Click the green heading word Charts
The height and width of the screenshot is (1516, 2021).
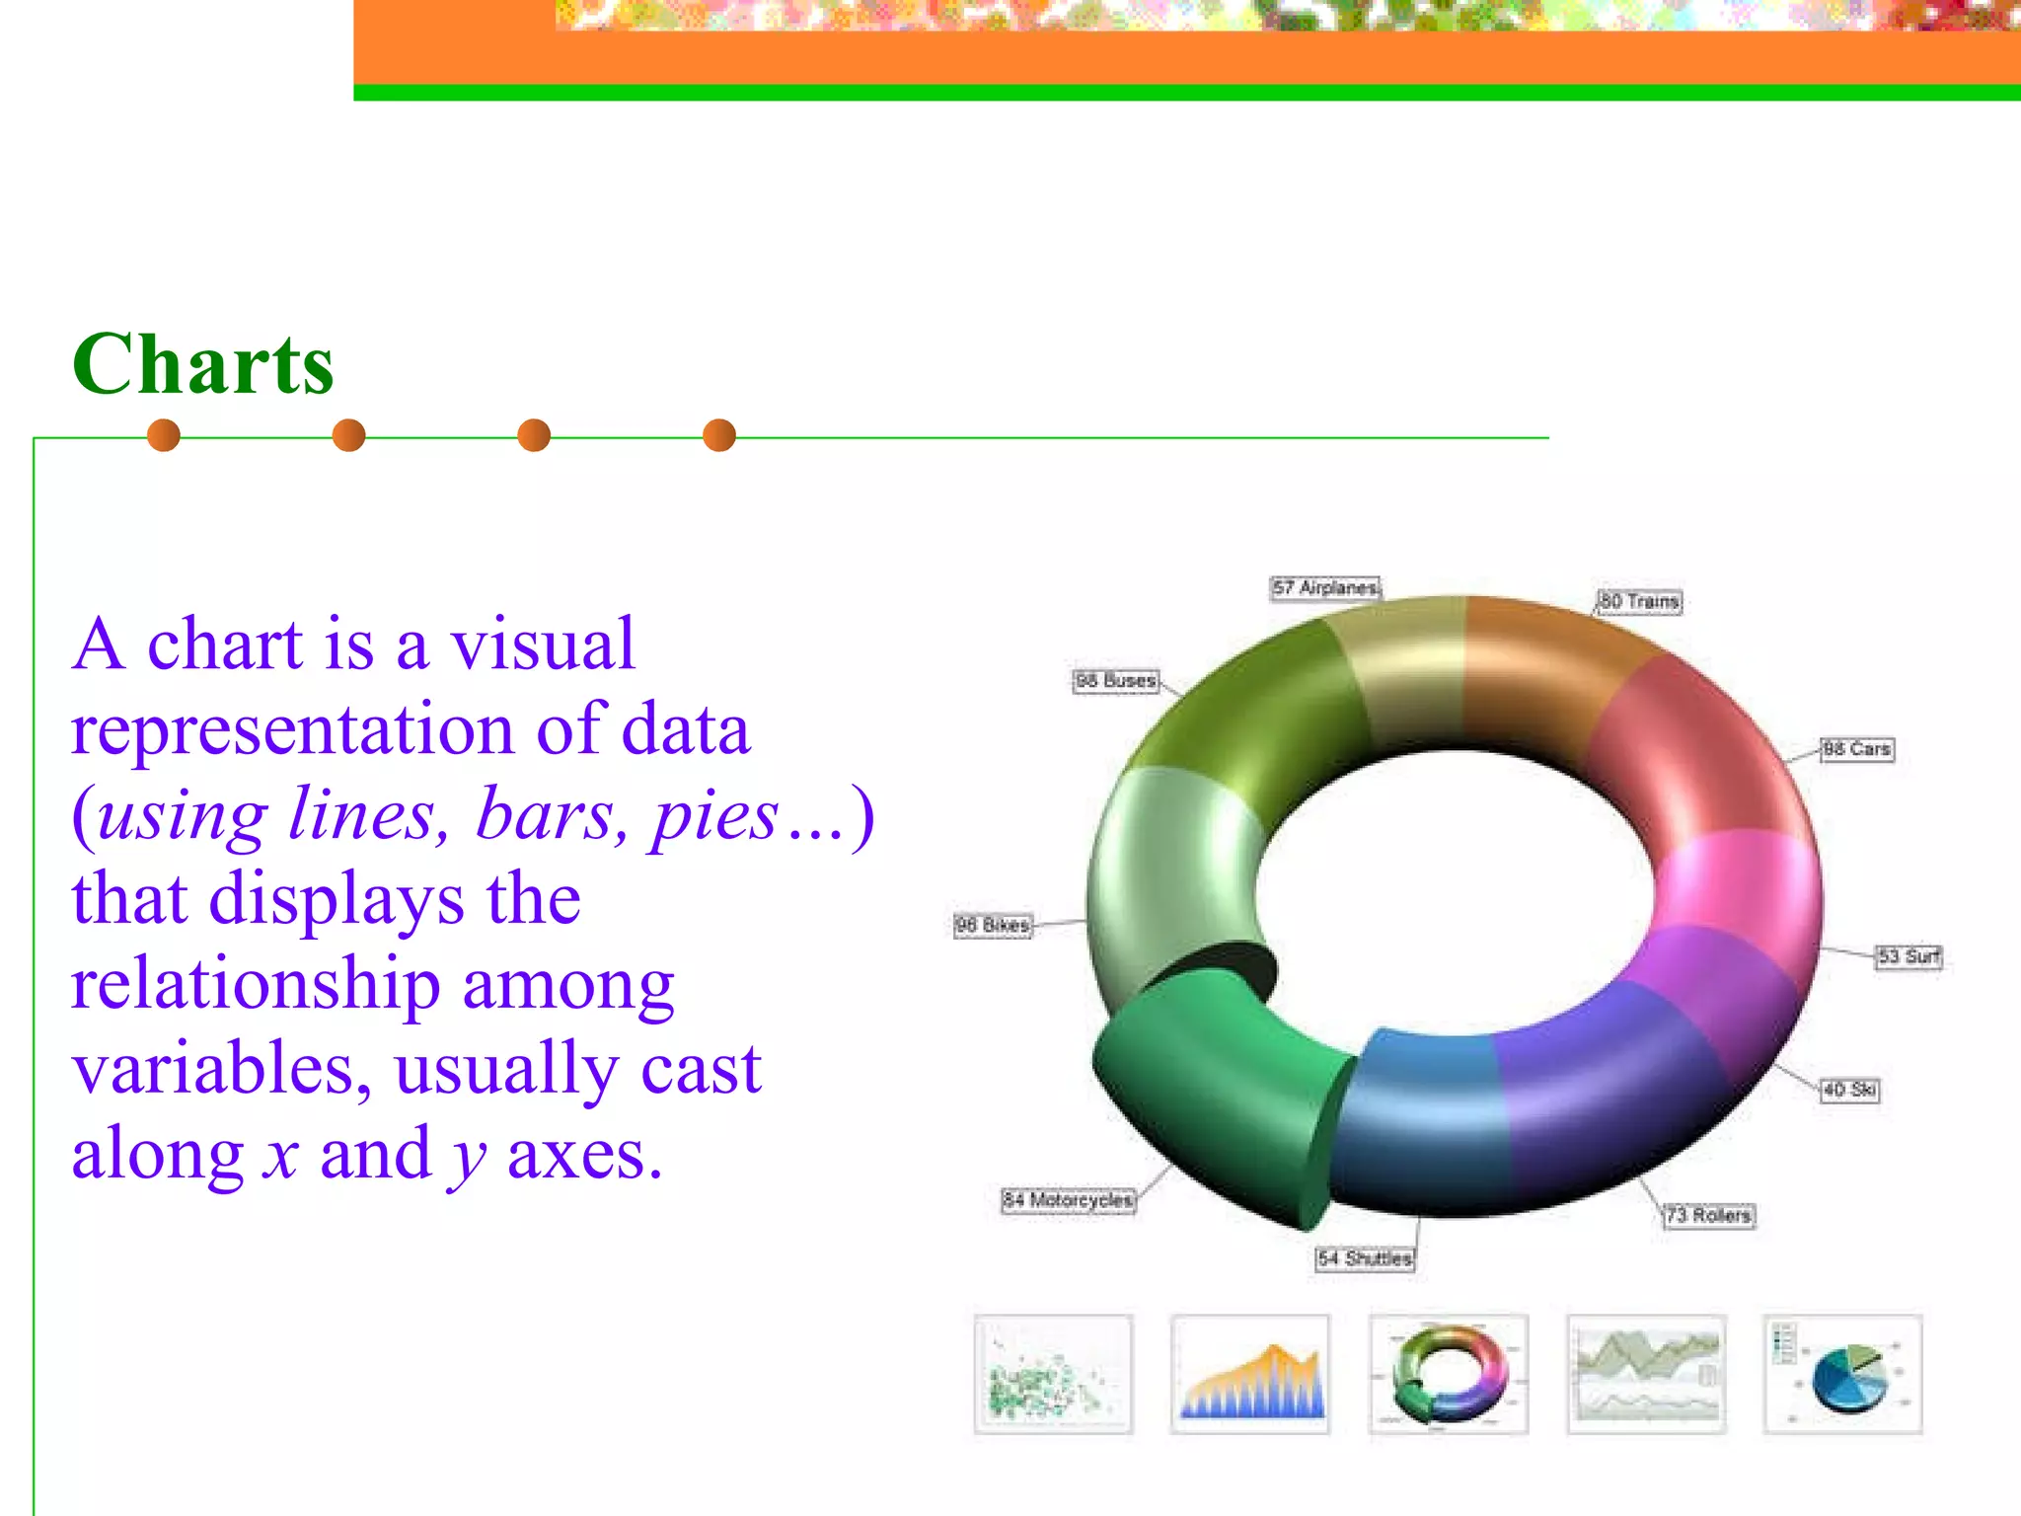pyautogui.click(x=203, y=364)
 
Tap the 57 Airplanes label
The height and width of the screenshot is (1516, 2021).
pyautogui.click(x=1324, y=588)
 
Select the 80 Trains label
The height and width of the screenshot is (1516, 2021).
pyautogui.click(x=1639, y=601)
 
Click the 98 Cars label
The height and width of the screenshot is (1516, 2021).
pyautogui.click(x=1856, y=749)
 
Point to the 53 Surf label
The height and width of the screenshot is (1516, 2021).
pyautogui.click(x=1909, y=956)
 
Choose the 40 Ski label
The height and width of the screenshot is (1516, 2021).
pyautogui.click(x=1849, y=1090)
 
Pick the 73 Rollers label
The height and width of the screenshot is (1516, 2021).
pyautogui.click(x=1708, y=1215)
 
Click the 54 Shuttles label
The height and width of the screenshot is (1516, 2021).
pyautogui.click(x=1365, y=1258)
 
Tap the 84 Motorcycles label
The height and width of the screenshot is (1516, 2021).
pyautogui.click(x=1068, y=1200)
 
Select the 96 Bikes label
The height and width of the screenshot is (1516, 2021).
pyautogui.click(x=993, y=926)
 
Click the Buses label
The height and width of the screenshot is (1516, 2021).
pyautogui.click(x=1115, y=681)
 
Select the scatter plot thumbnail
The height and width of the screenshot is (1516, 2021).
pyautogui.click(x=1053, y=1374)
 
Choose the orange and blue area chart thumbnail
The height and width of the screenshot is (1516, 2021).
pyautogui.click(x=1250, y=1374)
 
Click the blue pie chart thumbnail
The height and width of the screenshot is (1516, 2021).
pyautogui.click(x=1842, y=1374)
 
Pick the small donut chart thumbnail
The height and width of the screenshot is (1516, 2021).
pyautogui.click(x=1449, y=1374)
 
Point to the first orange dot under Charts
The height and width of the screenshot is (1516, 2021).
pyautogui.click(x=164, y=435)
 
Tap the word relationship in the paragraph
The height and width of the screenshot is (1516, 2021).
pyautogui.click(x=256, y=984)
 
